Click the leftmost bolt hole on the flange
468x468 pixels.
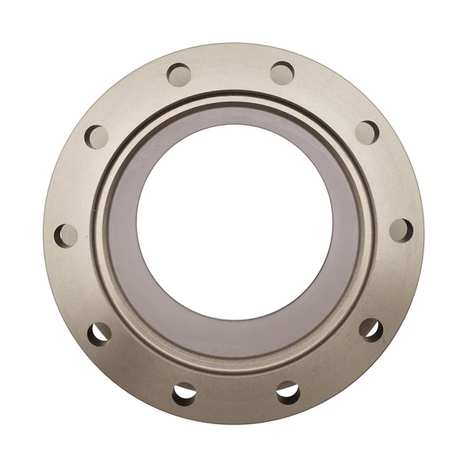point(66,234)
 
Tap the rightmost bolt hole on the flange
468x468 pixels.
point(400,229)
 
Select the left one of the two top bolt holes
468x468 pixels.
point(179,75)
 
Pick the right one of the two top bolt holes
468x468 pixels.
point(282,73)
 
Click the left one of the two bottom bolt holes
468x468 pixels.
point(184,394)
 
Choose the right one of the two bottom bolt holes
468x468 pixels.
point(288,392)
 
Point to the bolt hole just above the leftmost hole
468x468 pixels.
point(97,136)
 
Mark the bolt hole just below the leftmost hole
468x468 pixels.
point(99,332)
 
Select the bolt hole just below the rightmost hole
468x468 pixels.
point(370,328)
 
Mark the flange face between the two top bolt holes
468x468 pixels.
point(231,69)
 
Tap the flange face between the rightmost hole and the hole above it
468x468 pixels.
point(389,179)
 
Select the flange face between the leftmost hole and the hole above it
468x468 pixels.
point(76,184)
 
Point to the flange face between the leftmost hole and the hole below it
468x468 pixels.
point(77,285)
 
